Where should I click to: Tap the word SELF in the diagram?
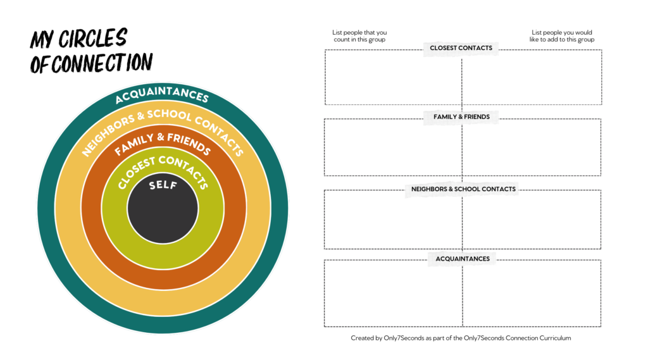click(163, 186)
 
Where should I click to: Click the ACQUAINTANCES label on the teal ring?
click(162, 94)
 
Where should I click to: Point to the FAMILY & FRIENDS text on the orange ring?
click(162, 142)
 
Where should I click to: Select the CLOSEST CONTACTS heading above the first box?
click(461, 48)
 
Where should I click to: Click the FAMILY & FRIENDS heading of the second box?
click(461, 117)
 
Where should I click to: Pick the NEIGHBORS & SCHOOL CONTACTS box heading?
click(463, 189)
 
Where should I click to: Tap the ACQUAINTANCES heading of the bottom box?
click(462, 259)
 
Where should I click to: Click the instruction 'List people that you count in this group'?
click(359, 36)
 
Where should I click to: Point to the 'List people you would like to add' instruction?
click(562, 36)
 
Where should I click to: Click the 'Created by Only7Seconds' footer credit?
click(461, 338)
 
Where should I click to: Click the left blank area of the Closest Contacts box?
click(393, 79)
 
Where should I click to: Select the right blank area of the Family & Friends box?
click(532, 148)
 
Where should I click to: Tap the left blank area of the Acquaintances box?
click(393, 294)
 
